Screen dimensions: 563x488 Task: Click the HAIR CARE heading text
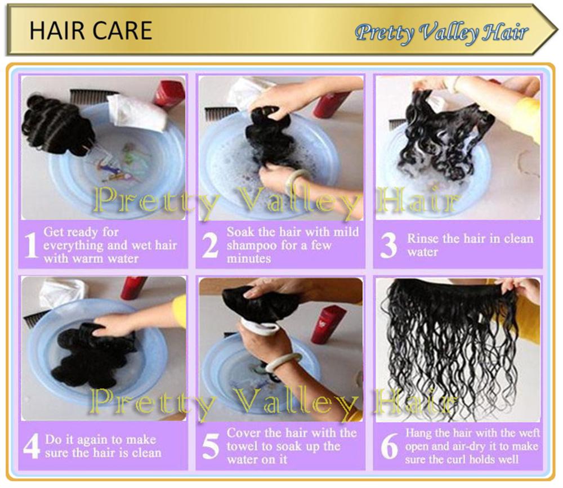[91, 30]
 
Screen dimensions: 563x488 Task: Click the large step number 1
[31, 245]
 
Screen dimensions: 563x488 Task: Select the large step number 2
[209, 245]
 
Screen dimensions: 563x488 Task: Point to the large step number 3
[388, 245]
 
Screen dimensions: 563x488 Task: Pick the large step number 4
[31, 446]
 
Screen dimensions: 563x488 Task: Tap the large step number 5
[210, 446]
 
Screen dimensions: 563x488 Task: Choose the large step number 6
[389, 446]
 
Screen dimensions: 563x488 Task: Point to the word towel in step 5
[242, 446]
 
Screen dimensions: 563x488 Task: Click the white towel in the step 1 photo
[138, 111]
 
